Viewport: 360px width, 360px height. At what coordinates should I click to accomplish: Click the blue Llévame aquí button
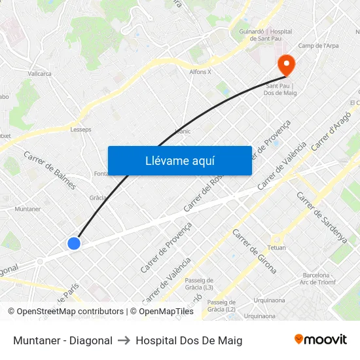[x=179, y=160]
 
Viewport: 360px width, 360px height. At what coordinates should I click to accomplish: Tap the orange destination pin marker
[x=286, y=65]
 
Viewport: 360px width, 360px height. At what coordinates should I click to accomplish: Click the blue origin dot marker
[x=74, y=243]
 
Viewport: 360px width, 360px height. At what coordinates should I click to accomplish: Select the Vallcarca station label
[x=40, y=74]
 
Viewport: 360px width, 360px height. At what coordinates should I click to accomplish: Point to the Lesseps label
[x=81, y=130]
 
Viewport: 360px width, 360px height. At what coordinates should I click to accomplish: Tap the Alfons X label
[x=200, y=72]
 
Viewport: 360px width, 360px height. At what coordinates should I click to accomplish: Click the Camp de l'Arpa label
[x=318, y=46]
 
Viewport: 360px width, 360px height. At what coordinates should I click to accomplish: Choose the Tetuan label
[x=277, y=248]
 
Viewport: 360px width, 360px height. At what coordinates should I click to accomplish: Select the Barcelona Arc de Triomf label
[x=314, y=279]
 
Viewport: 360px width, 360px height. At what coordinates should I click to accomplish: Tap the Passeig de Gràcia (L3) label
[x=199, y=283]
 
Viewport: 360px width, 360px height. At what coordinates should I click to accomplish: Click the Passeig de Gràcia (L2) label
[x=221, y=305]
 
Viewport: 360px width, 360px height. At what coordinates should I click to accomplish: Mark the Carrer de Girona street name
[x=254, y=251]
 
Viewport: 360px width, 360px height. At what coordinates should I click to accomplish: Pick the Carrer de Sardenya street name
[x=321, y=218]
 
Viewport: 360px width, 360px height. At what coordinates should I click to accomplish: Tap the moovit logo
[x=320, y=340]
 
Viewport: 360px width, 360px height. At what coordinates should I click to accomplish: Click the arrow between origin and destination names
[x=124, y=340]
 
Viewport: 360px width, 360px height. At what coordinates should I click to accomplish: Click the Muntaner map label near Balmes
[x=27, y=209]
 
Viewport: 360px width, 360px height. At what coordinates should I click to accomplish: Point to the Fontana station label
[x=101, y=173]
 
